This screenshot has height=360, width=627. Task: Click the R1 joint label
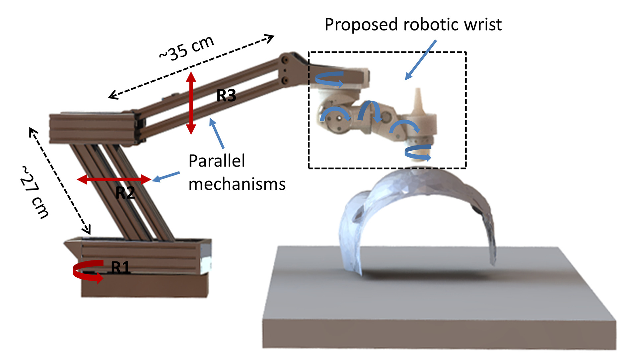pos(120,267)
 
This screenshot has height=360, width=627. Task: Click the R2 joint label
pos(125,192)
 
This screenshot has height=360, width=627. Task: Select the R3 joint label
pos(226,96)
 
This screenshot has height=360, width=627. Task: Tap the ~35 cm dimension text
pos(186,48)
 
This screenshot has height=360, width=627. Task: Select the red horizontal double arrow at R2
pos(114,179)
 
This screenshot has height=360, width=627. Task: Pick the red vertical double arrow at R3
pos(191,103)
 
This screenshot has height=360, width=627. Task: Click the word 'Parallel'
pos(217,161)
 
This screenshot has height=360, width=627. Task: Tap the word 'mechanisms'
pos(237,184)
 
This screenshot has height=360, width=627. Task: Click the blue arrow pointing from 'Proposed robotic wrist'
pos(421,60)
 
